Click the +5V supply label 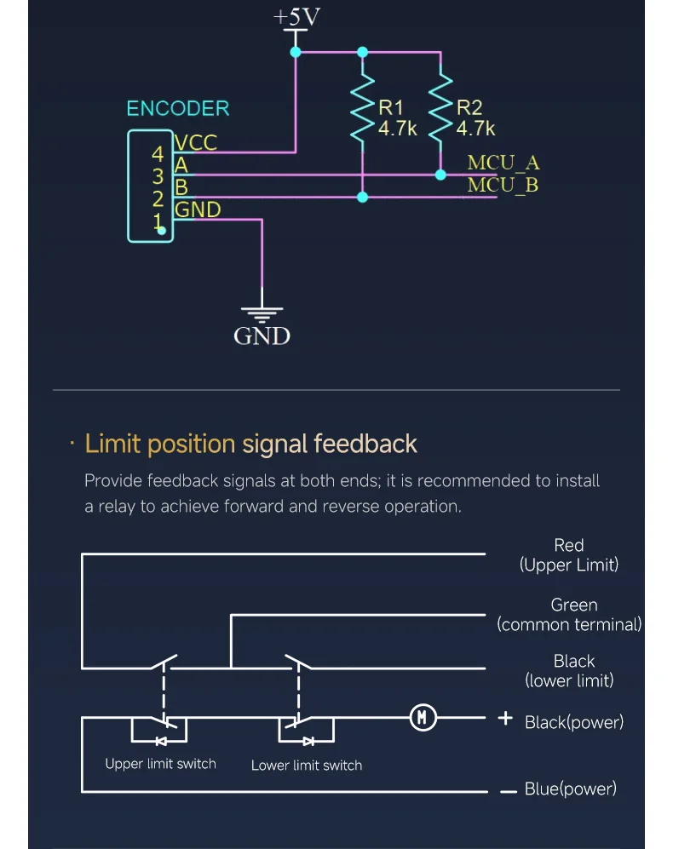click(x=296, y=17)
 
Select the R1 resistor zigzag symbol click(x=363, y=109)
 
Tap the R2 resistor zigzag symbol click(x=440, y=109)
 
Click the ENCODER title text click(x=178, y=108)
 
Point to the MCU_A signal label click(x=503, y=163)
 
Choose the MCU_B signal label click(x=503, y=185)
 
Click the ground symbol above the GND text click(x=262, y=314)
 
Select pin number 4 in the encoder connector click(x=157, y=154)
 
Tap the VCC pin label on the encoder click(x=196, y=142)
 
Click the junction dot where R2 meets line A click(x=440, y=175)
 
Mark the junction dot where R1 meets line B click(x=363, y=197)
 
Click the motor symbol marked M click(x=423, y=717)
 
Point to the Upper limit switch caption click(x=160, y=764)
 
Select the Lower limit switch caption click(x=307, y=765)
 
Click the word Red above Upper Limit click(x=568, y=545)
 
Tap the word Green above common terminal click(x=574, y=605)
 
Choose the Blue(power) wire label click(x=571, y=789)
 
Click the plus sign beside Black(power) click(x=505, y=718)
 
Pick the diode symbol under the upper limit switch click(x=161, y=741)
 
